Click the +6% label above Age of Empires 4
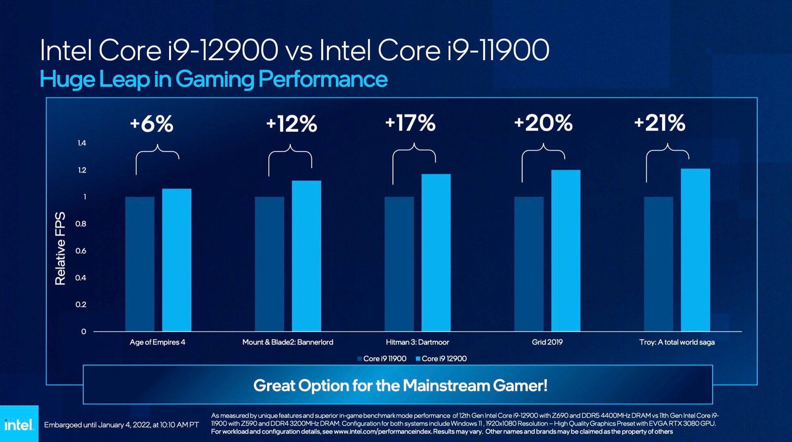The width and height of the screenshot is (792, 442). pyautogui.click(x=151, y=124)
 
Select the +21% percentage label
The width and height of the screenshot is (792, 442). pyautogui.click(x=660, y=123)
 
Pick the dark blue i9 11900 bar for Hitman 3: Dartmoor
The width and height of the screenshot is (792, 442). pyautogui.click(x=399, y=264)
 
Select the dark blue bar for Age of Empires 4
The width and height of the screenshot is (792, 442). pyautogui.click(x=140, y=264)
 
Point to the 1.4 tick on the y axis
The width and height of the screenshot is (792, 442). pyautogui.click(x=82, y=143)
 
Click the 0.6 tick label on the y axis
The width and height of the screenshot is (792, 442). pyautogui.click(x=81, y=251)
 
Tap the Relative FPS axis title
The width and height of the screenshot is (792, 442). pyautogui.click(x=60, y=248)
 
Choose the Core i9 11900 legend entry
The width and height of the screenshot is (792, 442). pyautogui.click(x=382, y=359)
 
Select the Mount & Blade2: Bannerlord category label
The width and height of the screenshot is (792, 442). pyautogui.click(x=288, y=342)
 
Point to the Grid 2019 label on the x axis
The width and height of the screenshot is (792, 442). pyautogui.click(x=547, y=342)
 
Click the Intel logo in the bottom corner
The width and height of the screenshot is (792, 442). pyautogui.click(x=19, y=424)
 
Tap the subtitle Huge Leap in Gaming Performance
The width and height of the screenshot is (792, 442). pyautogui.click(x=213, y=79)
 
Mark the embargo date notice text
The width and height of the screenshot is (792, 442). pyautogui.click(x=121, y=425)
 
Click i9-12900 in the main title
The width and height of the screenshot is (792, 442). pyautogui.click(x=223, y=50)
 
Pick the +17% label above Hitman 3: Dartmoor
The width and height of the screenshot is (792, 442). pyautogui.click(x=410, y=123)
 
